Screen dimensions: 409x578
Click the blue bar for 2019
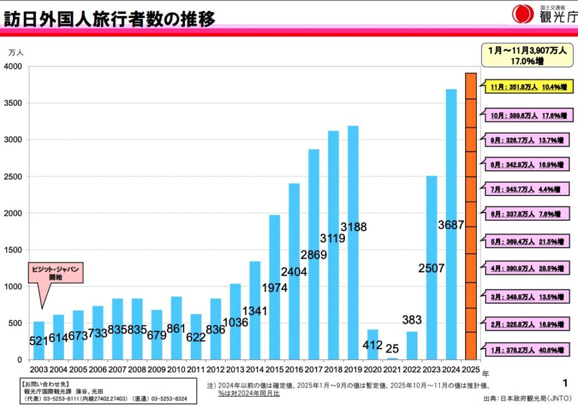[x=353, y=243]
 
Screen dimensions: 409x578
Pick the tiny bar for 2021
[x=392, y=358]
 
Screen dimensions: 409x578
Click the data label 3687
[x=451, y=225]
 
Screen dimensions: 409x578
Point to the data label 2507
[x=432, y=268]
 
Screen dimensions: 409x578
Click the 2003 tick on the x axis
[x=39, y=371]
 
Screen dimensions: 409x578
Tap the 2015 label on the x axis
[x=274, y=371]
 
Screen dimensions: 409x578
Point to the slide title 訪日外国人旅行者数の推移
[x=110, y=19]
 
